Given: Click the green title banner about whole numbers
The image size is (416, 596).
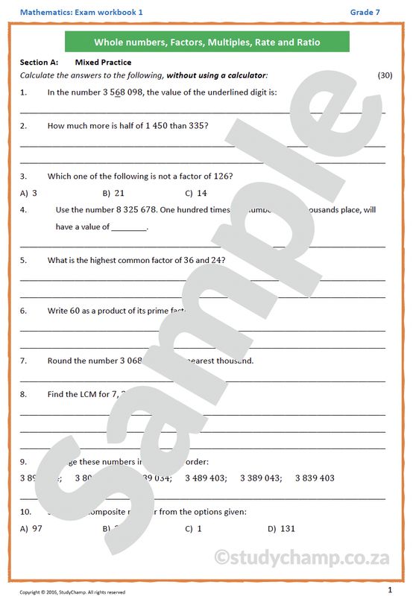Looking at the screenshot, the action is [x=207, y=42].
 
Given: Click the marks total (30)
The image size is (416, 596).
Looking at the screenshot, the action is [x=385, y=75].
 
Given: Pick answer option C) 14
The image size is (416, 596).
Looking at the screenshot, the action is [x=196, y=193].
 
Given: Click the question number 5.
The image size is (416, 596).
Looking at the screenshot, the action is [x=23, y=260].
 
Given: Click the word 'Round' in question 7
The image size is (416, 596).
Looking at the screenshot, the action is [x=60, y=361].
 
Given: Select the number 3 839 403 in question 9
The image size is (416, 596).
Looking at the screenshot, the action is [x=315, y=478].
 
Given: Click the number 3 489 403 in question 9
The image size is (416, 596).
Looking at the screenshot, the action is [x=205, y=478].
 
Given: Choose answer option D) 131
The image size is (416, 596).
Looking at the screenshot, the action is [x=282, y=529].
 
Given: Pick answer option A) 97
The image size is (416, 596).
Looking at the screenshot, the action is [x=32, y=529].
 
